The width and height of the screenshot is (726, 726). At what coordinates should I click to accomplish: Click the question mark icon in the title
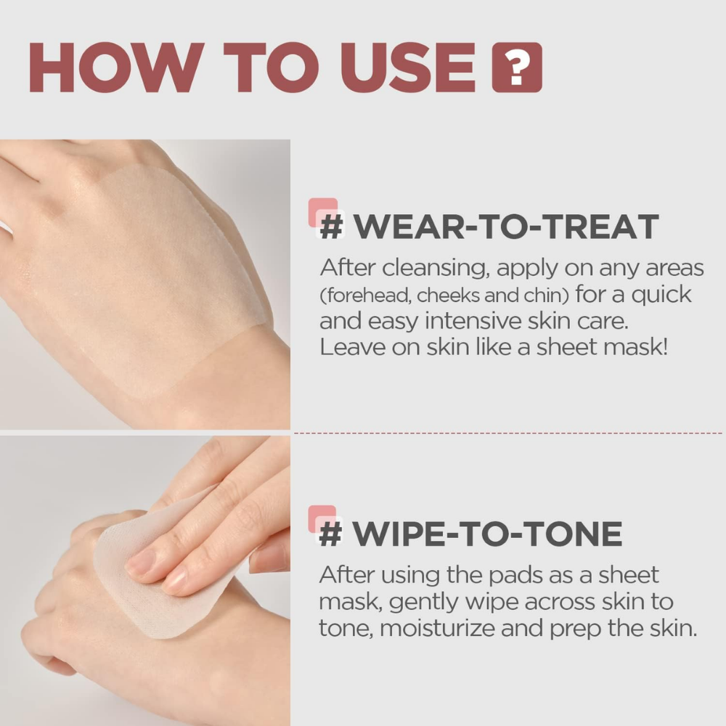coord(517,68)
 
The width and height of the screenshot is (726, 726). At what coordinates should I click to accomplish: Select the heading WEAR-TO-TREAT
coord(505,227)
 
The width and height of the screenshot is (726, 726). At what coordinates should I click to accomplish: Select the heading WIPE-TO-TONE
coord(487,534)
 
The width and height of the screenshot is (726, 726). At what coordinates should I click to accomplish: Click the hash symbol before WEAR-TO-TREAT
coord(331,227)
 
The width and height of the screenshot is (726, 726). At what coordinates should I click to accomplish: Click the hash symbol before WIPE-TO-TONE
coord(330,534)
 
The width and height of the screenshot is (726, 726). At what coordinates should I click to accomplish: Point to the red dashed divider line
coord(508,433)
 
